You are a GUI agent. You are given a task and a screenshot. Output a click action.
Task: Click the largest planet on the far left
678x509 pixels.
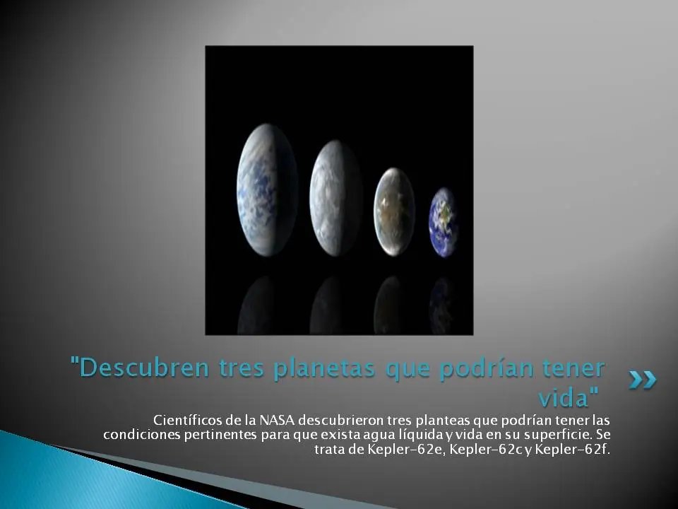[267, 190]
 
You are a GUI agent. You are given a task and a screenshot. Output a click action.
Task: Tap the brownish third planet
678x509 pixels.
[394, 211]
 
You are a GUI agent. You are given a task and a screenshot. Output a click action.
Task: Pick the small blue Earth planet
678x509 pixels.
[444, 223]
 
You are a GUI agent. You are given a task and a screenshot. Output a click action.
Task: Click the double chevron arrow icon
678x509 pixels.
[643, 380]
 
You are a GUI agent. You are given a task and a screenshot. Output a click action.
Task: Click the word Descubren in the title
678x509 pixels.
[144, 368]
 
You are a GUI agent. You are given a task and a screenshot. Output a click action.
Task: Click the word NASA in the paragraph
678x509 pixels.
[276, 420]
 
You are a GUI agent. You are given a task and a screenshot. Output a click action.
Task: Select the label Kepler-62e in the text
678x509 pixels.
[405, 450]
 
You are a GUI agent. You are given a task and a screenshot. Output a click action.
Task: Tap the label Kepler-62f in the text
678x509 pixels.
[571, 450]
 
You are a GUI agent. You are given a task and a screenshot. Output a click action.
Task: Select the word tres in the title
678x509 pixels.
[242, 368]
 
